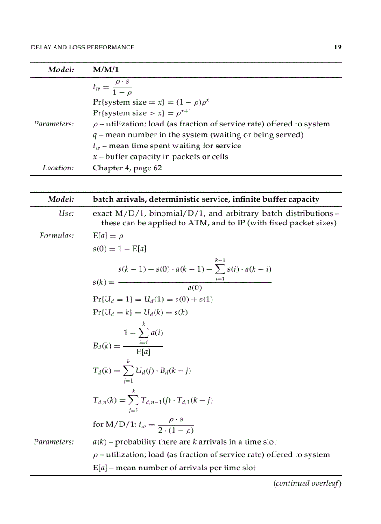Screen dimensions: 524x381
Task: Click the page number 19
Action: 338,47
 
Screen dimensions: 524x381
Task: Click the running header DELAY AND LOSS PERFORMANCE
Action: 82,47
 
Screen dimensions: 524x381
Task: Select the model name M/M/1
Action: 106,70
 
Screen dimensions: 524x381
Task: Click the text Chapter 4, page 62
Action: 127,168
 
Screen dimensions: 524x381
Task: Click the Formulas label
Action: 57,236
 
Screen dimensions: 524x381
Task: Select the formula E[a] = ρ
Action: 107,236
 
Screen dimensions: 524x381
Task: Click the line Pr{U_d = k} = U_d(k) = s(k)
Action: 140,312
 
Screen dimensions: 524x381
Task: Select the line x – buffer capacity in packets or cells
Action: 161,157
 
